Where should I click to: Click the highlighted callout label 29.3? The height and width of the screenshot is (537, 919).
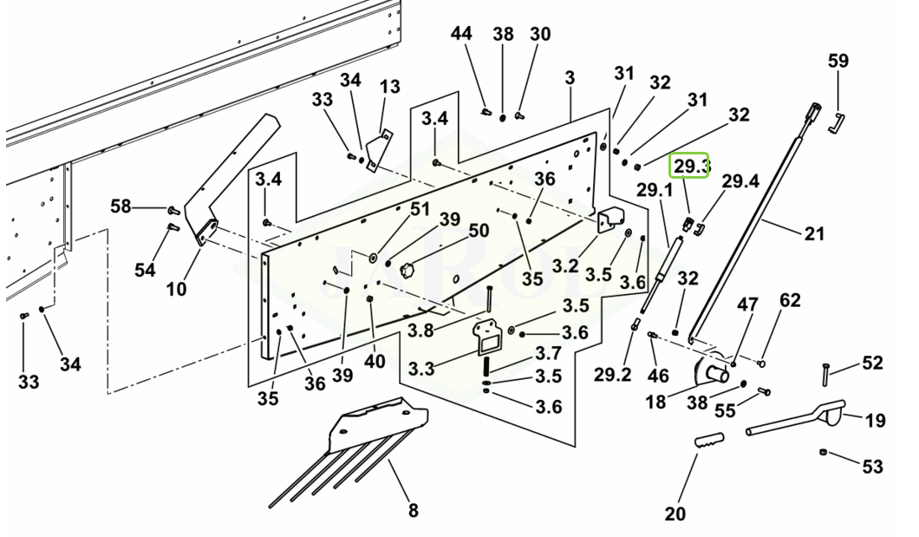click(x=692, y=166)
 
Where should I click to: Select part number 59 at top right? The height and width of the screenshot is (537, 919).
click(x=838, y=62)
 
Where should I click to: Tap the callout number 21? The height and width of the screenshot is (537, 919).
click(x=814, y=233)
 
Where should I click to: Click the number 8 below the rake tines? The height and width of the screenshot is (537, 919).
click(x=414, y=510)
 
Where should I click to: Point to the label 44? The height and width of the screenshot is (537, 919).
click(x=461, y=35)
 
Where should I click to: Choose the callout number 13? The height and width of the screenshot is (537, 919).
click(x=390, y=87)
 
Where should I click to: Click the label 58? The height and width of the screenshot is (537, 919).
click(x=121, y=206)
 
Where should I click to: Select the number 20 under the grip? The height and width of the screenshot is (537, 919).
click(x=675, y=514)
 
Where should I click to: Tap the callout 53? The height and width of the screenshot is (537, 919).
click(x=872, y=467)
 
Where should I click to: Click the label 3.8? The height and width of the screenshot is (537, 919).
click(x=420, y=330)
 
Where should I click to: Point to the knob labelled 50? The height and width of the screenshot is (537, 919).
click(x=407, y=272)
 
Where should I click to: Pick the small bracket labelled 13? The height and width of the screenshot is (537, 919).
click(x=379, y=146)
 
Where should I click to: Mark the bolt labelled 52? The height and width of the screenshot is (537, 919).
click(x=826, y=374)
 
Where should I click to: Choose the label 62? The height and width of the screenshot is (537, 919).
click(x=790, y=301)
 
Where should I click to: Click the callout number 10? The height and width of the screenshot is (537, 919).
click(x=177, y=288)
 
